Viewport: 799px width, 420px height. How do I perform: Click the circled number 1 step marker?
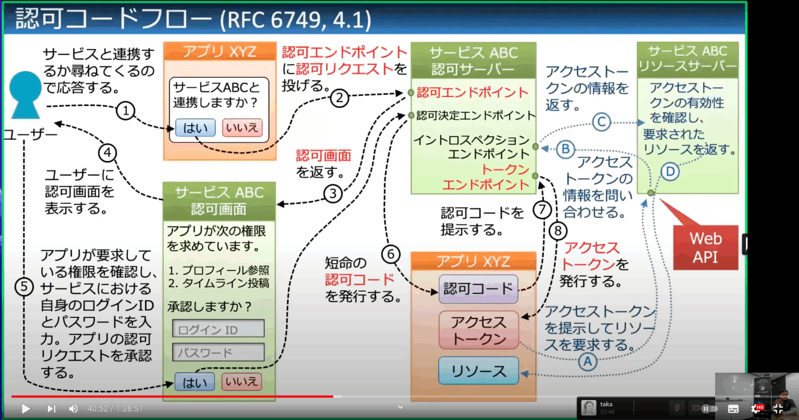125,111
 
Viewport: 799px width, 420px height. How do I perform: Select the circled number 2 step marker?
339,98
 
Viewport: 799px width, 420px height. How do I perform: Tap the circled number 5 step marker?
24,287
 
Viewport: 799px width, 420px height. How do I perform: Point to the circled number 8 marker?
558,231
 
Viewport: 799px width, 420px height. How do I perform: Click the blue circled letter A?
587,362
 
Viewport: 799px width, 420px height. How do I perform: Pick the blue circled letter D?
670,172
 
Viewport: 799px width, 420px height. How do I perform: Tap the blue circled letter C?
602,122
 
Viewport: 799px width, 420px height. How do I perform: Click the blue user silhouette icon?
25,95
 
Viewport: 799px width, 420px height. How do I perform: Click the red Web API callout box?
705,248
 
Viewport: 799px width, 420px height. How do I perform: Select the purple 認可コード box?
478,289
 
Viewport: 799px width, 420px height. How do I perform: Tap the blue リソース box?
478,371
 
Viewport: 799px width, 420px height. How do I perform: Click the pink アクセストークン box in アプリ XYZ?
478,330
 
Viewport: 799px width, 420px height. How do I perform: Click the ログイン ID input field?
218,328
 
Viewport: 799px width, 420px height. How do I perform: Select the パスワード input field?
218,352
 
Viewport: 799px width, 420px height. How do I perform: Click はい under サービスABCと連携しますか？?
195,128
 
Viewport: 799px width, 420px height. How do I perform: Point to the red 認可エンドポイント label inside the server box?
473,92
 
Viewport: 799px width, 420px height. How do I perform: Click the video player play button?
25,409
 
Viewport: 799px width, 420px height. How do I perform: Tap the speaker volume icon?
73,409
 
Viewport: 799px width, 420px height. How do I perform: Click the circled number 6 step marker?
390,254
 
